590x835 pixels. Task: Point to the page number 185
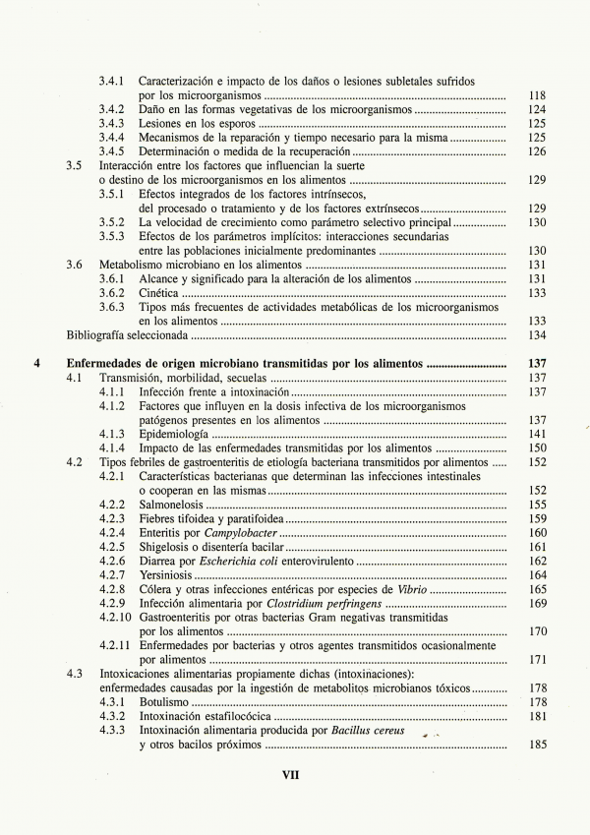pos(537,746)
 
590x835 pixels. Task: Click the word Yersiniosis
pos(167,575)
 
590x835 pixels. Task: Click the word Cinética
pos(158,293)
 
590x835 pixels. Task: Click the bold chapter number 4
pos(36,363)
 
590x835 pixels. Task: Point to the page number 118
pos(537,95)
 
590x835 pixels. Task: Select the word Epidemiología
pos(173,434)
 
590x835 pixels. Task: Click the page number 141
pos(537,434)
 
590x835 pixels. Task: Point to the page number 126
pos(537,151)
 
